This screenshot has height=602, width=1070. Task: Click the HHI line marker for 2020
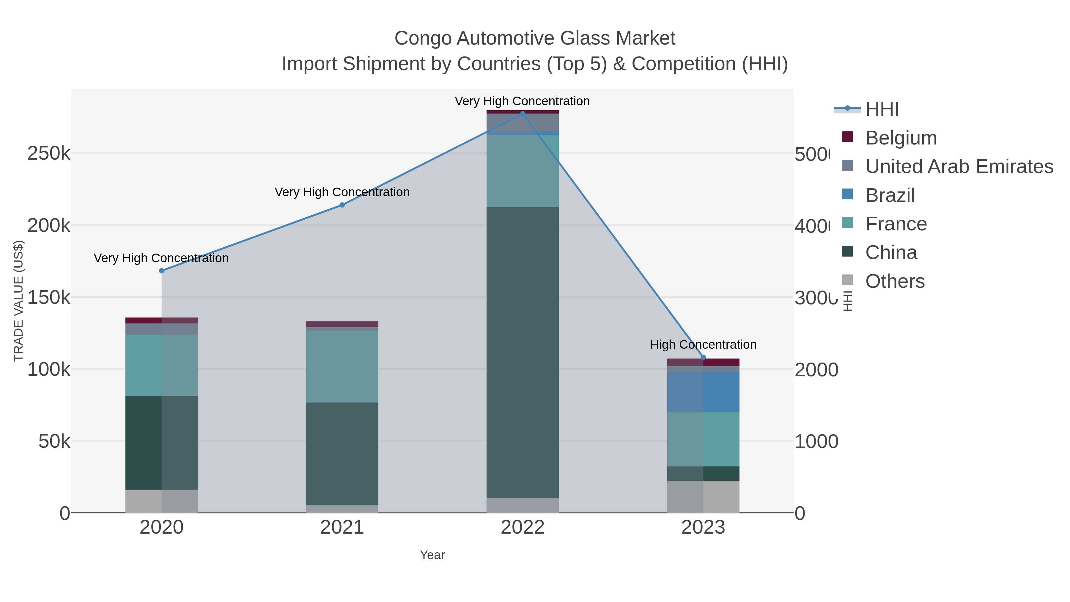[x=162, y=271]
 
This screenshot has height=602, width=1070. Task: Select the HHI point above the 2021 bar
[x=342, y=205]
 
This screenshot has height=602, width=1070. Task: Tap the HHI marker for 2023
[x=703, y=357]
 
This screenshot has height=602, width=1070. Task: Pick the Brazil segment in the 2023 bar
[x=703, y=392]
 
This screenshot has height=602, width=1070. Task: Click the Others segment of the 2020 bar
[x=162, y=501]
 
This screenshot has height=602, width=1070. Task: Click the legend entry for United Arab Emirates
[x=959, y=166]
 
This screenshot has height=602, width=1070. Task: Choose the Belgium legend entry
[x=901, y=138]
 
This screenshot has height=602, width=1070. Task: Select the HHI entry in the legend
[x=882, y=109]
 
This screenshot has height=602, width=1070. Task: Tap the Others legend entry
[x=894, y=281]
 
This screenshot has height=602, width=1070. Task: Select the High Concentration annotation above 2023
[x=703, y=345]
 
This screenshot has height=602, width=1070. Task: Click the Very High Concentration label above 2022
[x=522, y=101]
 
